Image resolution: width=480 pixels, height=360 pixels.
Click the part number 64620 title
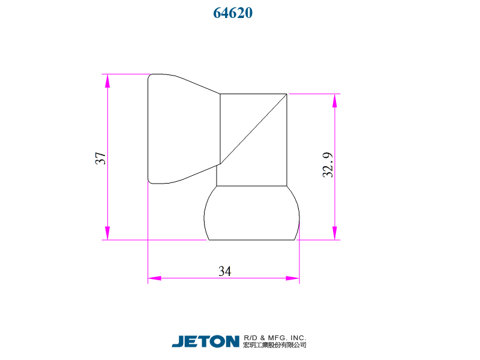(x=233, y=13)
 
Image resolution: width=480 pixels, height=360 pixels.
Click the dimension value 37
(x=101, y=158)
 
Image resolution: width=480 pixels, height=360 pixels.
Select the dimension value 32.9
(x=328, y=165)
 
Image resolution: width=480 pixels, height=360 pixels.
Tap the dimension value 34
(x=224, y=272)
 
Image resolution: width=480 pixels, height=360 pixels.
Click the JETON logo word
(x=205, y=341)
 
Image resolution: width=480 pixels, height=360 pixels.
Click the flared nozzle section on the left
(x=180, y=129)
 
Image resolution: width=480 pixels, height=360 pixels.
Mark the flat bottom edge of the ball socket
(x=251, y=240)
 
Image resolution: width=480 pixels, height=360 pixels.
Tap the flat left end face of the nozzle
(x=148, y=128)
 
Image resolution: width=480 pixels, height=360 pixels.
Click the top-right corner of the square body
(x=287, y=94)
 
